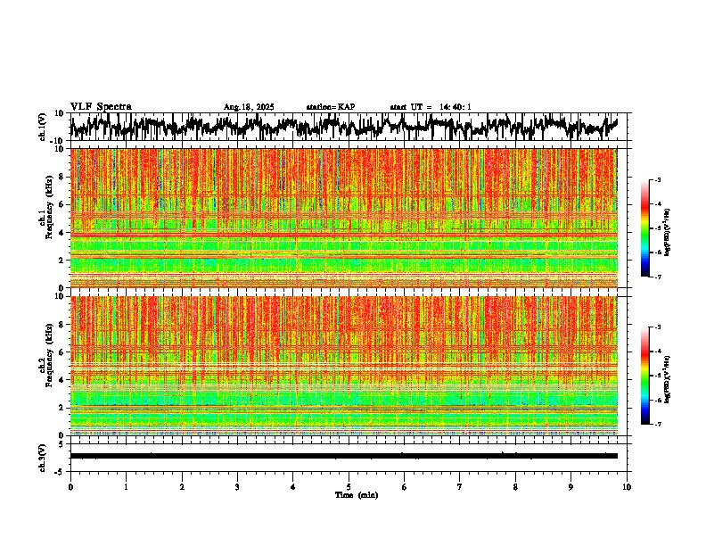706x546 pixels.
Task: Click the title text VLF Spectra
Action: click(101, 106)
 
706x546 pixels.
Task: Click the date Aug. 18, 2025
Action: click(249, 107)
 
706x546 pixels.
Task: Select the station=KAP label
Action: click(330, 107)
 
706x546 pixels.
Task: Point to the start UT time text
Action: click(431, 107)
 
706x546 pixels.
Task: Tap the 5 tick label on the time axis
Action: click(349, 487)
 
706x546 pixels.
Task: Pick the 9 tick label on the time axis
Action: click(571, 487)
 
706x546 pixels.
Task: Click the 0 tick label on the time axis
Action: click(70, 487)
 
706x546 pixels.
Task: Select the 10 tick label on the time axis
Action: click(627, 487)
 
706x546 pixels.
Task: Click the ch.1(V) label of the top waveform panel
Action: click(42, 127)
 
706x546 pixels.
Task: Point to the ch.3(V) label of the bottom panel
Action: click(42, 455)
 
